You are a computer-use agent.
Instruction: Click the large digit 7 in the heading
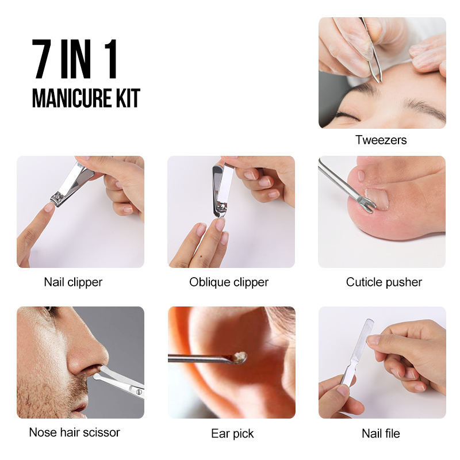click(x=41, y=59)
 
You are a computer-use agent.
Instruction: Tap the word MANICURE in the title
click(x=72, y=98)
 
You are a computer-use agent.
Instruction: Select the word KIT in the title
click(x=128, y=98)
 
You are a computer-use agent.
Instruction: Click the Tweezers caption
click(x=381, y=140)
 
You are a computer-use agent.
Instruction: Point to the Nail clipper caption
click(x=73, y=282)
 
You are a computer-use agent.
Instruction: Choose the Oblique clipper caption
click(x=229, y=282)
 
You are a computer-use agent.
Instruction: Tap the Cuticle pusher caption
click(x=384, y=282)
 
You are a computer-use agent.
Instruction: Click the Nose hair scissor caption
click(x=75, y=432)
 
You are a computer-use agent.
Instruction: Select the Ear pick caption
click(x=232, y=434)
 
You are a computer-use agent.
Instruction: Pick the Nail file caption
click(x=381, y=434)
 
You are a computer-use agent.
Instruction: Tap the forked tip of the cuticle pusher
click(x=370, y=205)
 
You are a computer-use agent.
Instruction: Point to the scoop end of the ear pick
click(x=239, y=358)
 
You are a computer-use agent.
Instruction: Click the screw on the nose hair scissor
click(x=139, y=392)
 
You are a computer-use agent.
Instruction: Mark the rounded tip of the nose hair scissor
click(x=97, y=377)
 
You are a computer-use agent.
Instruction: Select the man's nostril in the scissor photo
click(x=95, y=367)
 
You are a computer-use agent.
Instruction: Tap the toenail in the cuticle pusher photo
click(x=378, y=198)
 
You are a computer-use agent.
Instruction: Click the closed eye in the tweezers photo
click(x=348, y=115)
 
